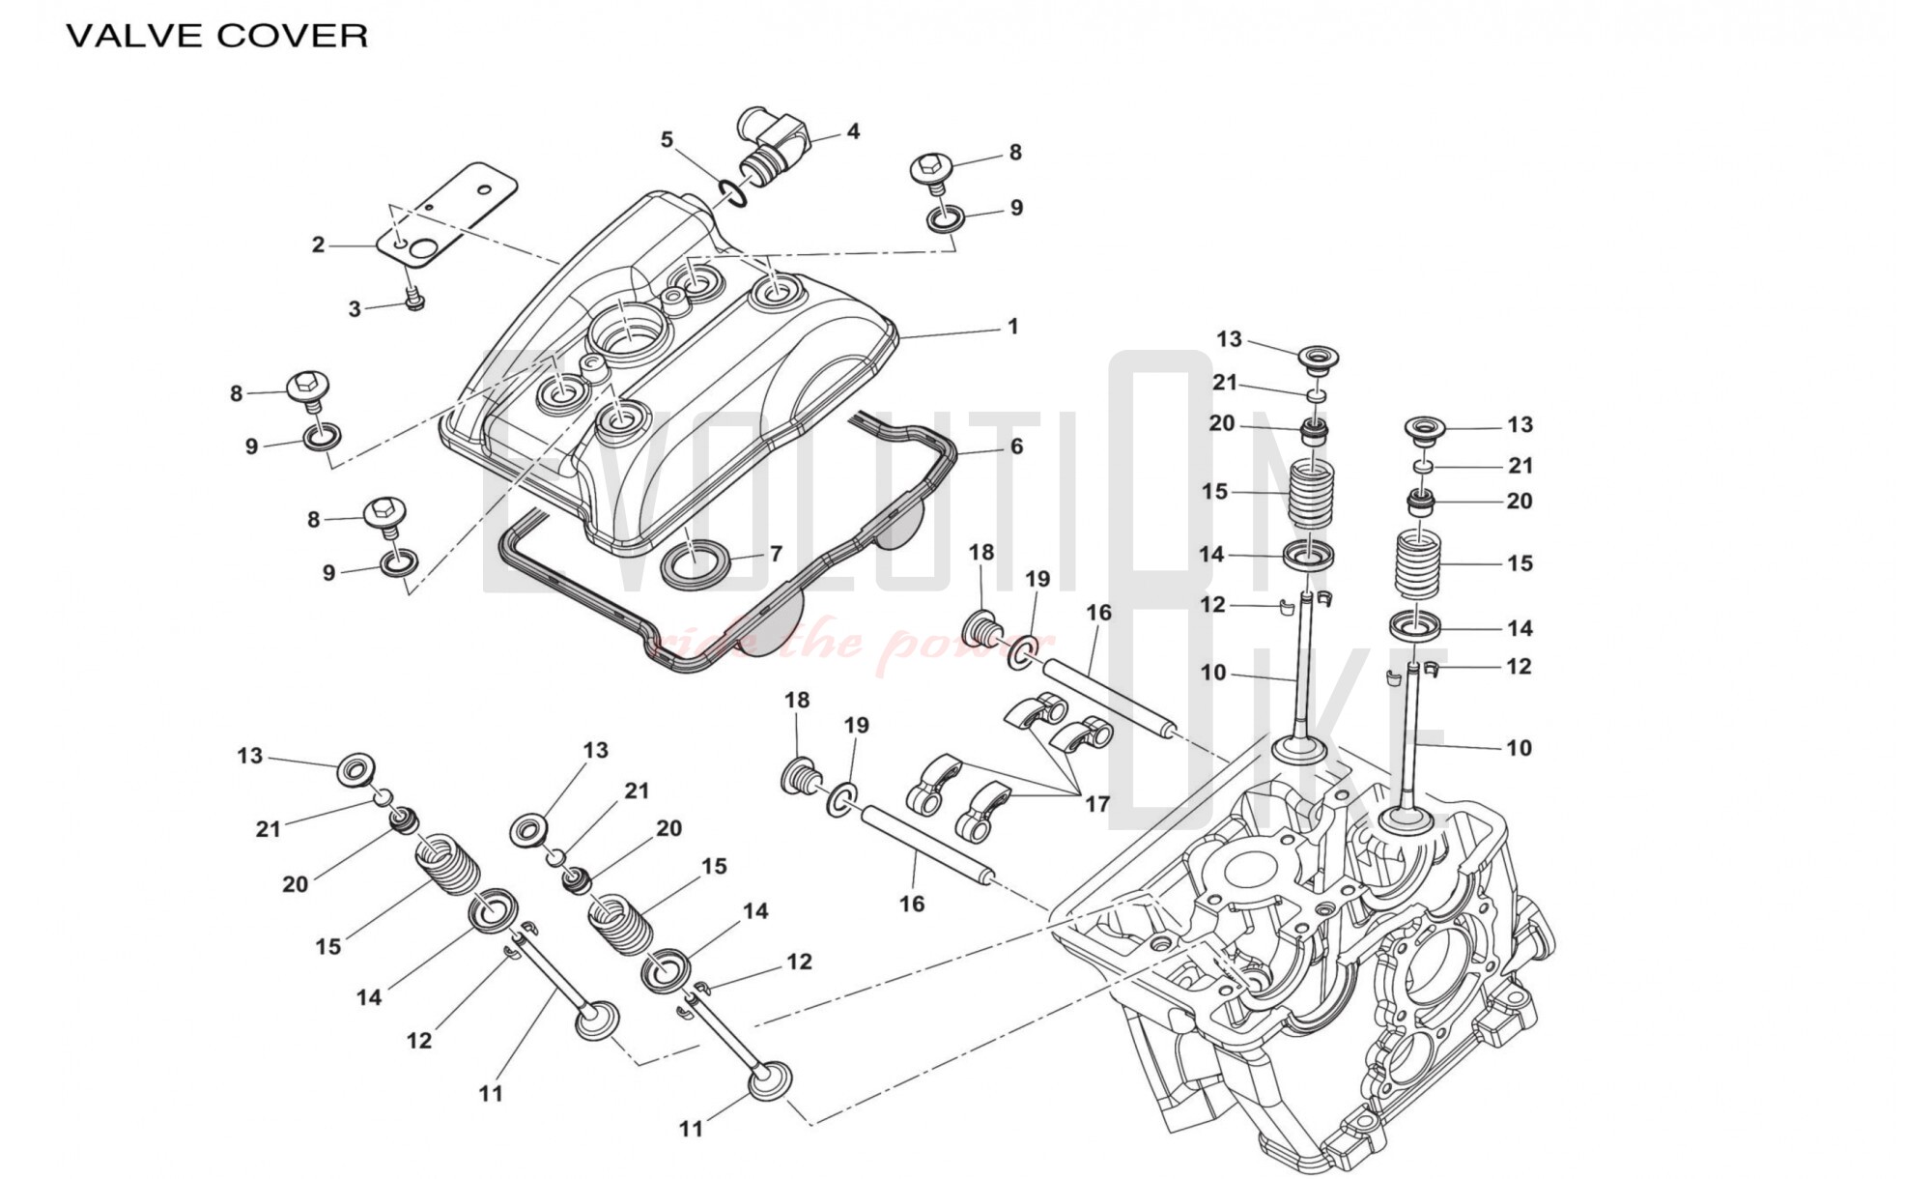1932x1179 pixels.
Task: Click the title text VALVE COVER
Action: point(216,36)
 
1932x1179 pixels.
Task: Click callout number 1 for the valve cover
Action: point(1012,327)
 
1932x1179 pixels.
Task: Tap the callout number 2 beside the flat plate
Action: point(318,245)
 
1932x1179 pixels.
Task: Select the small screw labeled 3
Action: point(414,301)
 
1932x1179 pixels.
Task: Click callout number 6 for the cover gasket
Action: point(1016,446)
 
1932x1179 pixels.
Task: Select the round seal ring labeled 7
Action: point(694,562)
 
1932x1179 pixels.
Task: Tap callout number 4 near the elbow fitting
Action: point(853,131)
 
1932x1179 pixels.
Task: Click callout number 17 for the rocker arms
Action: point(1097,804)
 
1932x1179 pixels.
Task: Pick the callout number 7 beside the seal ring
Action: point(776,555)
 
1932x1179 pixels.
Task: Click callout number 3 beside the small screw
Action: point(355,309)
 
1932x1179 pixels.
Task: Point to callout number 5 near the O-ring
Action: point(667,140)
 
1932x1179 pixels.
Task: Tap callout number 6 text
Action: point(1016,446)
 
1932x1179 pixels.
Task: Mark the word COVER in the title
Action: point(292,36)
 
